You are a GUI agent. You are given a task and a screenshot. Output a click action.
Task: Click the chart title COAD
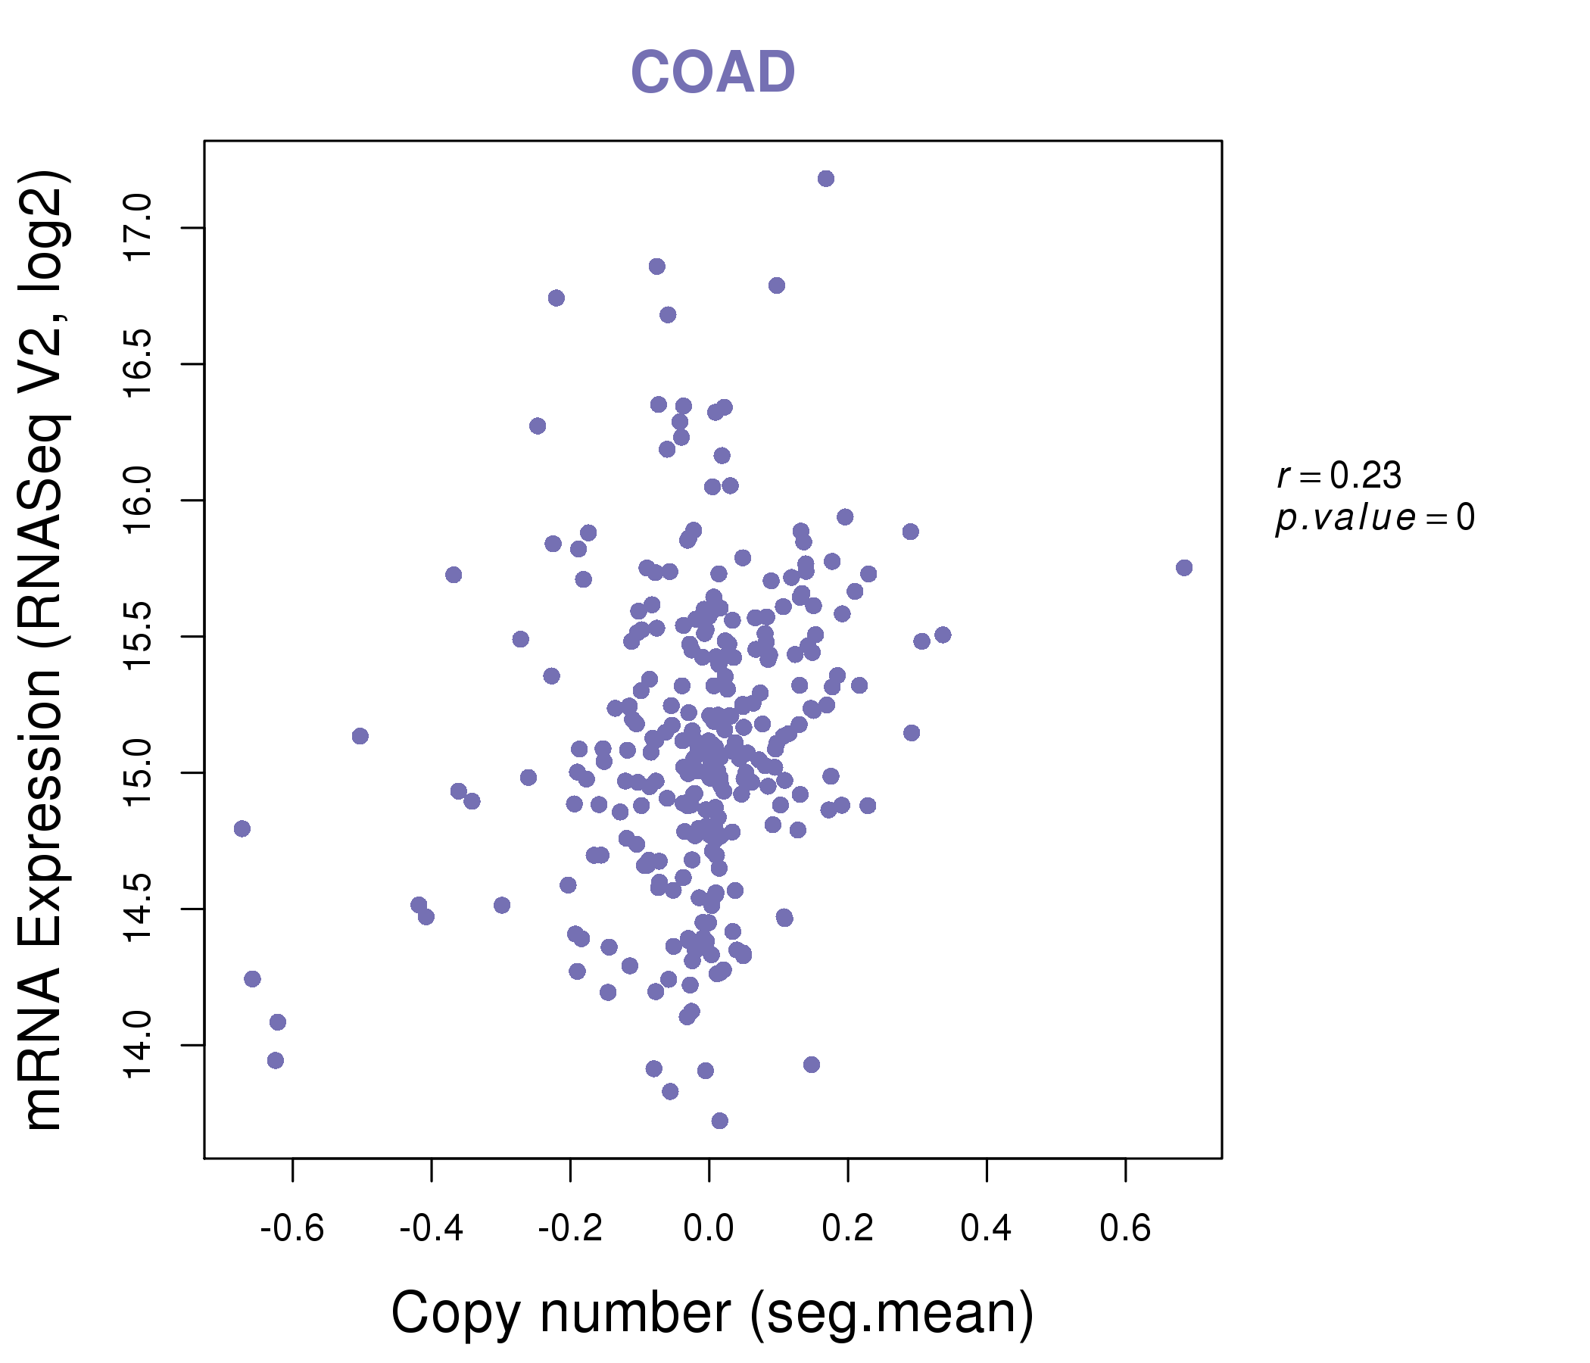pyautogui.click(x=712, y=72)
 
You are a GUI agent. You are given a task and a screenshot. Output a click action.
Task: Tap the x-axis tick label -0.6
pyautogui.click(x=292, y=1229)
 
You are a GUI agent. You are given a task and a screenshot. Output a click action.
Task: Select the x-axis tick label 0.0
pyautogui.click(x=708, y=1229)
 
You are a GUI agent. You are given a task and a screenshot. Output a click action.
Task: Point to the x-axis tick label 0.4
pyautogui.click(x=986, y=1229)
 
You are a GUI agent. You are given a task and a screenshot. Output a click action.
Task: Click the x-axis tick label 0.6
pyautogui.click(x=1125, y=1229)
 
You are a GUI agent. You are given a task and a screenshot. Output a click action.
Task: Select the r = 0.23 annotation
pyautogui.click(x=1339, y=476)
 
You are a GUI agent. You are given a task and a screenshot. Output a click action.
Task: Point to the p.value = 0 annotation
pyautogui.click(x=1374, y=518)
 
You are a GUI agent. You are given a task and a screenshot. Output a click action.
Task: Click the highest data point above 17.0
pyautogui.click(x=826, y=179)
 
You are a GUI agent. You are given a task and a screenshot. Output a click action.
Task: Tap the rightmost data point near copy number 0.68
pyautogui.click(x=1184, y=567)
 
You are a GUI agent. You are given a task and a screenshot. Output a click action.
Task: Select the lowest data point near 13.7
pyautogui.click(x=719, y=1121)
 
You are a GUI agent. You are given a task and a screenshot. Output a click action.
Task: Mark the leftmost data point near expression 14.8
pyautogui.click(x=242, y=828)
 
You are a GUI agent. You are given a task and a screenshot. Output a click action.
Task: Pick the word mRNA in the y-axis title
pyautogui.click(x=43, y=1047)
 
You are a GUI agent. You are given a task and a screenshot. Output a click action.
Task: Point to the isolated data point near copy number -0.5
pyautogui.click(x=360, y=736)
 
